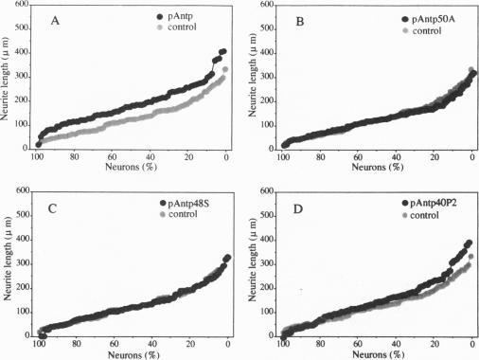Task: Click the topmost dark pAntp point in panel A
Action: pos(223,51)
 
